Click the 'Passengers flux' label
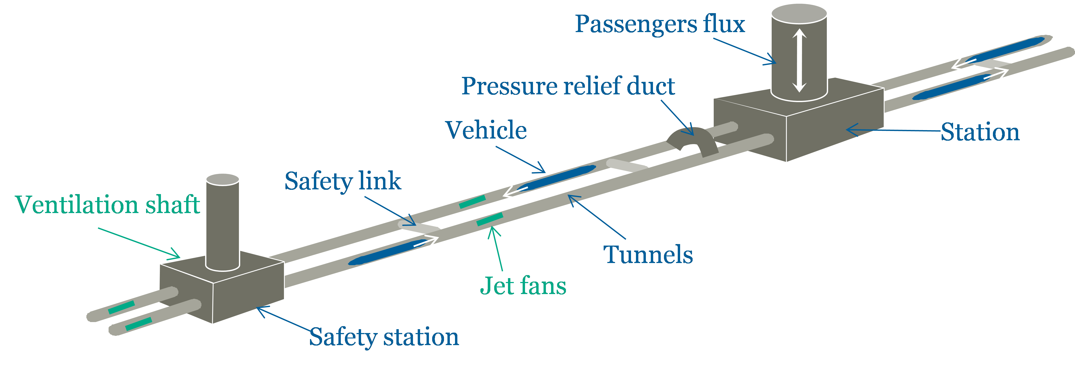point(659,24)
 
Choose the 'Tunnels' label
point(648,255)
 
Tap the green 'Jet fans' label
point(523,286)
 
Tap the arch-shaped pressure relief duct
point(693,140)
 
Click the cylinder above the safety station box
point(222,221)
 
